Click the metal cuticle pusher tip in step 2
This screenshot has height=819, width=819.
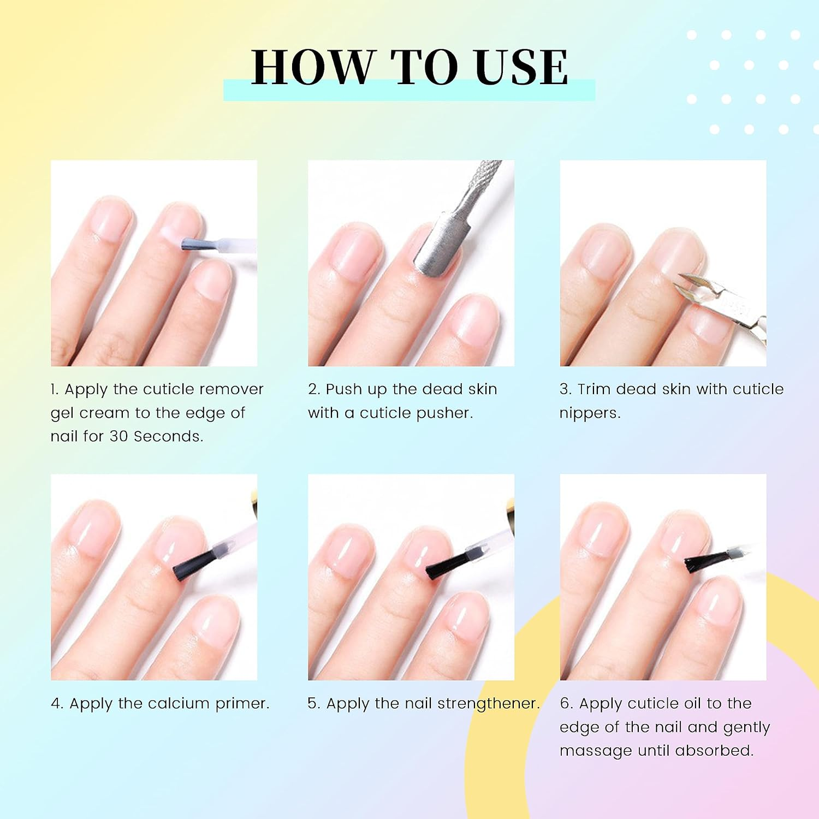pyautogui.click(x=440, y=246)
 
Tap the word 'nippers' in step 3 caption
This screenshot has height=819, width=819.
pyautogui.click(x=590, y=413)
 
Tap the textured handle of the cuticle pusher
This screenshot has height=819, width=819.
pyautogui.click(x=483, y=177)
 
